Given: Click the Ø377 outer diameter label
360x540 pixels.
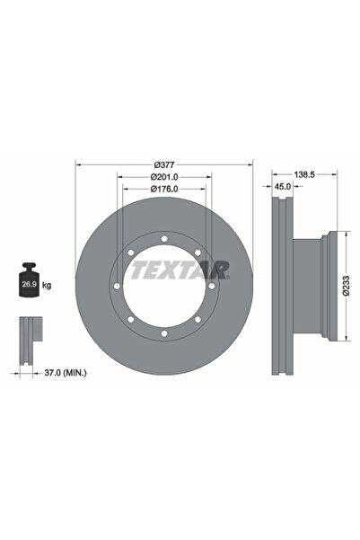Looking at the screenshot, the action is click(x=164, y=165).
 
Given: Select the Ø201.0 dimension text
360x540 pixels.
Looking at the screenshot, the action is click(x=164, y=177).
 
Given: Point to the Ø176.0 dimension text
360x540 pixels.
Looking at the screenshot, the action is click(x=164, y=189).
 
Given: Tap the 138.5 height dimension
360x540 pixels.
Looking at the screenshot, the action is click(x=304, y=174).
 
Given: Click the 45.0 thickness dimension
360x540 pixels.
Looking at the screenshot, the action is click(x=284, y=186).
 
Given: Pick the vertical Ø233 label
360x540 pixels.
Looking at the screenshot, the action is click(x=346, y=286).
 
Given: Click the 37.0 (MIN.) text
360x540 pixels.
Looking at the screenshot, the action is click(x=66, y=372).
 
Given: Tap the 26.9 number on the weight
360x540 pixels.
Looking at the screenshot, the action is click(x=29, y=285).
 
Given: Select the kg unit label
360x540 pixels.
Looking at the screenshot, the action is click(x=47, y=285).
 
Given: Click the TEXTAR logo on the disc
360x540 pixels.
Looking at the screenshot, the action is click(x=179, y=270).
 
